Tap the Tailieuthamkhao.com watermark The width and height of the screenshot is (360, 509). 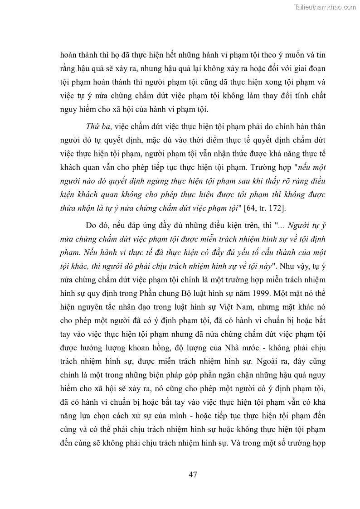pos(325,7)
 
